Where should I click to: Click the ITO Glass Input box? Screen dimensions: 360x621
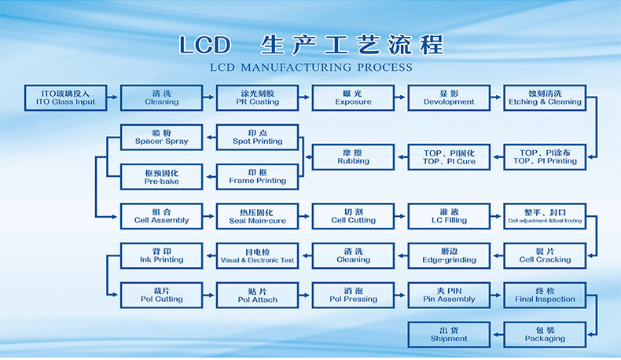pyautogui.click(x=68, y=97)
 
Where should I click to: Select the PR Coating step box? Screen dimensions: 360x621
pyautogui.click(x=258, y=97)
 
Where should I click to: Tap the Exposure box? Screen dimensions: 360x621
pyautogui.click(x=353, y=97)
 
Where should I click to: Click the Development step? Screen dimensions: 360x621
pyautogui.click(x=449, y=97)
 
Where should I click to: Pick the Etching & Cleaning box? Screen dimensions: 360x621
pyautogui.click(x=545, y=97)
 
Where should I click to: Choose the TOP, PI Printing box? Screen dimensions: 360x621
pyautogui.click(x=545, y=157)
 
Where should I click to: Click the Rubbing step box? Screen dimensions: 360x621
pyautogui.click(x=353, y=157)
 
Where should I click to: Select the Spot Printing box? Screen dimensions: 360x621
pyautogui.click(x=258, y=138)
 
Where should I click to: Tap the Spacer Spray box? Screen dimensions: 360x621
pyautogui.click(x=161, y=138)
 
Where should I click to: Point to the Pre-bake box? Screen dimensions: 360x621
pyautogui.click(x=161, y=177)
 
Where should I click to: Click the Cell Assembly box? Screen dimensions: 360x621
pyautogui.click(x=161, y=216)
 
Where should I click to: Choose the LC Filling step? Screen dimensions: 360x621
pyautogui.click(x=449, y=216)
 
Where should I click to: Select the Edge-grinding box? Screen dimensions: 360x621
pyautogui.click(x=449, y=255)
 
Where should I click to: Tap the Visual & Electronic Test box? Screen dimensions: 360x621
pyautogui.click(x=258, y=255)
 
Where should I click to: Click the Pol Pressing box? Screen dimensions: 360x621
pyautogui.click(x=353, y=295)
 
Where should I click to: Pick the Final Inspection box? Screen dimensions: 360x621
pyautogui.click(x=545, y=295)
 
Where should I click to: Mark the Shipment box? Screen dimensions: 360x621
pyautogui.click(x=449, y=335)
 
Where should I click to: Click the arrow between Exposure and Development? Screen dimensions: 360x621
pyautogui.click(x=401, y=97)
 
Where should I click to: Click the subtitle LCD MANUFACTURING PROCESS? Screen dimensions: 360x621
pyautogui.click(x=311, y=68)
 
